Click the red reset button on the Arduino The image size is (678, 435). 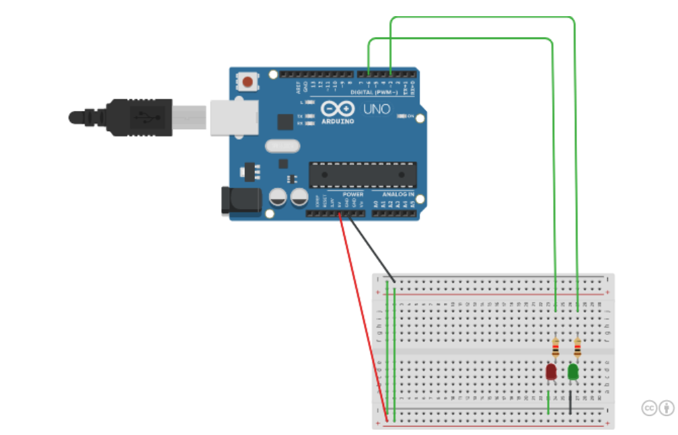coord(248,82)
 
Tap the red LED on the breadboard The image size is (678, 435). coord(551,372)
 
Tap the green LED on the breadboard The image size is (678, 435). coord(574,372)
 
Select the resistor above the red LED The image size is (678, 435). coord(555,348)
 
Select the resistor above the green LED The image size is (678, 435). coord(578,348)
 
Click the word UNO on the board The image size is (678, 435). coord(377,109)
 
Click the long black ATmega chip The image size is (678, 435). coord(362,174)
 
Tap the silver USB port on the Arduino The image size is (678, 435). coord(233,117)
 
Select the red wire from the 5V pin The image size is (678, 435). coord(363,316)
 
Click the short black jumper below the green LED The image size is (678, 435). coord(570,401)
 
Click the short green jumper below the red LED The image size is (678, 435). coord(549,401)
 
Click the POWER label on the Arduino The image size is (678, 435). coord(353,194)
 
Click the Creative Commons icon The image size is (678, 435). coord(649,407)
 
